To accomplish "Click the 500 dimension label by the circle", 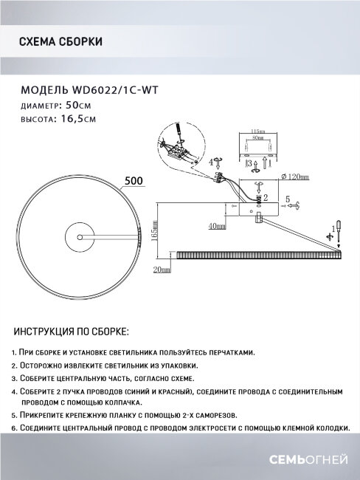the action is click(134, 181).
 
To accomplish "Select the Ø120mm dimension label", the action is click(294, 177).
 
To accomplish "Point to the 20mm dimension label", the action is click(161, 270).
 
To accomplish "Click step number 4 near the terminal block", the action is click(211, 161).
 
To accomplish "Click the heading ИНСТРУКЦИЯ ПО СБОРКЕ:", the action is click(72, 331).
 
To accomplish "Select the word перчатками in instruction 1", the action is click(233, 353).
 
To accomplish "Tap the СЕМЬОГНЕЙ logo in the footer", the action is click(312, 460).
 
